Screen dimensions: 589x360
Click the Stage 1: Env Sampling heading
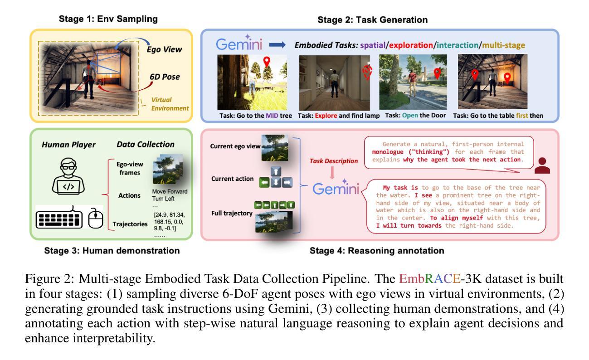coord(108,19)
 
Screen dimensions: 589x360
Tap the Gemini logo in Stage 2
coord(239,43)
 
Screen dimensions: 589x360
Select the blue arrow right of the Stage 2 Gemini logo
coord(277,45)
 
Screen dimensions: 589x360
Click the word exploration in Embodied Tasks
coord(411,45)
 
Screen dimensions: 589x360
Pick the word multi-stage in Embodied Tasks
coord(503,45)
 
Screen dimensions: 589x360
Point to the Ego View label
coord(164,49)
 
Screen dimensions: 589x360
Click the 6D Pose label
coord(165,77)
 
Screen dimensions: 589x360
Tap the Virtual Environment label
coord(170,104)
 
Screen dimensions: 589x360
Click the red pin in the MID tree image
coord(267,62)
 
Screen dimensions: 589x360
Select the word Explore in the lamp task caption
coord(326,116)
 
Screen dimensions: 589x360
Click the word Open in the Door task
coord(410,116)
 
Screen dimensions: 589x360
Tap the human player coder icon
coord(68,176)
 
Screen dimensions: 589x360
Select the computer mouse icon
coord(96,218)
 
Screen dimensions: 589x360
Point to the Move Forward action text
coord(170,191)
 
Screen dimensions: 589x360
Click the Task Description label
coord(333,161)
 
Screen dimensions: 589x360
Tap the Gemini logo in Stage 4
coord(336,188)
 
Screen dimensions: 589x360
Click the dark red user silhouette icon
coord(542,165)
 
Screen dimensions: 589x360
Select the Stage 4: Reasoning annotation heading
coord(377,251)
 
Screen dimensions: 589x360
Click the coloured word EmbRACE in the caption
coord(430,279)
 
